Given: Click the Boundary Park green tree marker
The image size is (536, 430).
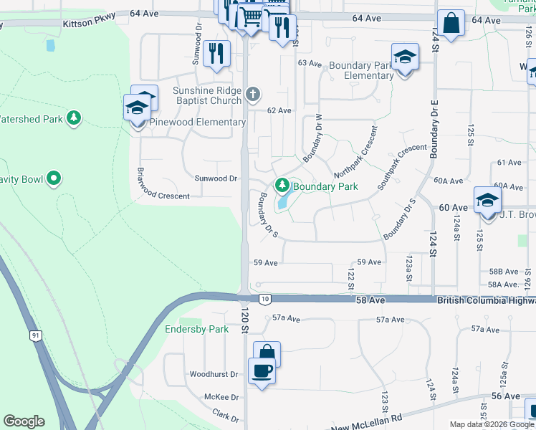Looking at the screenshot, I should click(282, 186).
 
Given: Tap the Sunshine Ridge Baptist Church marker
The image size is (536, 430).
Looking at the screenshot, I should click(252, 94).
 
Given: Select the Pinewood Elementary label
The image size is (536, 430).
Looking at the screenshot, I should click(197, 123).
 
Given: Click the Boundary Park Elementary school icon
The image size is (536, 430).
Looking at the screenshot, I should click(405, 57).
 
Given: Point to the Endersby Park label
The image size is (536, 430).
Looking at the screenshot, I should click(196, 330).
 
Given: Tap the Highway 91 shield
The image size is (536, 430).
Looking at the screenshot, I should click(35, 335).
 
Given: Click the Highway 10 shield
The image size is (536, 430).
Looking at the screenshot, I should click(265, 298).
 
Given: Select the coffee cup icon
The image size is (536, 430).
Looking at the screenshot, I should click(262, 371).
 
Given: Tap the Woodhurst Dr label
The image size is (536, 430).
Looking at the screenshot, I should click(214, 375).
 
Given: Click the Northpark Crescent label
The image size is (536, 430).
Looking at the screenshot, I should click(355, 153).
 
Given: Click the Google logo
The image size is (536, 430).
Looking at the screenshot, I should click(24, 421).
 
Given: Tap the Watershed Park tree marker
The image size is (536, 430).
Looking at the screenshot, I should click(73, 118).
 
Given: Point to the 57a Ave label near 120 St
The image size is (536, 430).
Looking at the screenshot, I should click(285, 317).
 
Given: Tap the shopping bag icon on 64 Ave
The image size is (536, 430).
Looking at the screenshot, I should click(452, 24).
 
